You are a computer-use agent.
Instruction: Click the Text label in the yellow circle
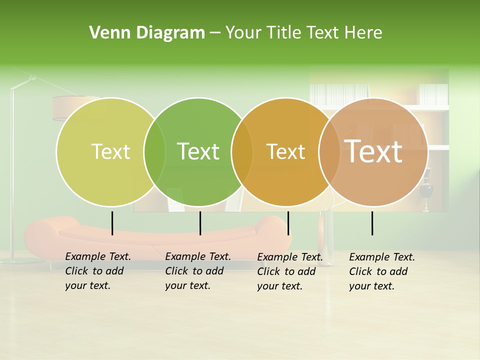tap(110, 151)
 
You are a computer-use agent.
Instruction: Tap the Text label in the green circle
tap(198, 151)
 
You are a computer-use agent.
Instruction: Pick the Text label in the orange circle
tap(285, 151)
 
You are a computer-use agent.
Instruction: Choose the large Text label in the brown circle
tap(373, 151)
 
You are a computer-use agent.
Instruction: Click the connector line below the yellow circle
tap(112, 223)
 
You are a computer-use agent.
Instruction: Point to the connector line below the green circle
tap(200, 223)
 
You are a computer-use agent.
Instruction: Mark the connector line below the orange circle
tap(288, 223)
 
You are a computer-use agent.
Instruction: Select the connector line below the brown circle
tap(372, 223)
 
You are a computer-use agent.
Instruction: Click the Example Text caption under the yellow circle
tap(98, 271)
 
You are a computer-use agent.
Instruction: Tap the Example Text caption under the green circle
tap(198, 271)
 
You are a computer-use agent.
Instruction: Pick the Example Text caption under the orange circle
tap(290, 271)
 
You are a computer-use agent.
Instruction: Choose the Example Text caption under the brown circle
tap(382, 271)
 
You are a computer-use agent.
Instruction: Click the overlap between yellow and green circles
tap(154, 151)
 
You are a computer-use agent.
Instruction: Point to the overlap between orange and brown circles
tap(329, 151)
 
